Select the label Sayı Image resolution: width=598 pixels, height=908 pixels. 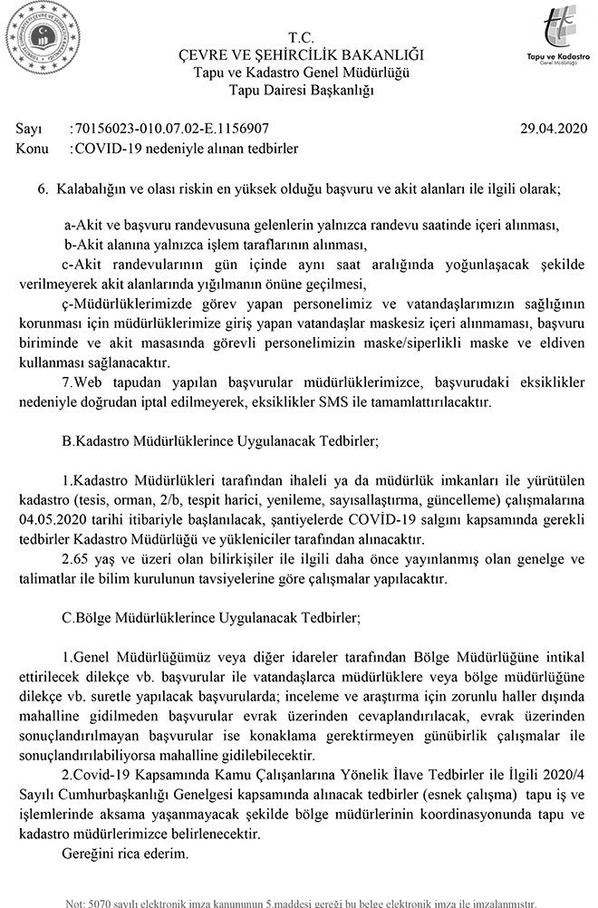pos(30,130)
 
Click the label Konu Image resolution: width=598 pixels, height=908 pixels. pos(33,147)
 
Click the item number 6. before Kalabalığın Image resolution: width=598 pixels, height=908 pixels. pos(42,191)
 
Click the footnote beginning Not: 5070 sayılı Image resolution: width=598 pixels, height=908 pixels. pos(298,902)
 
